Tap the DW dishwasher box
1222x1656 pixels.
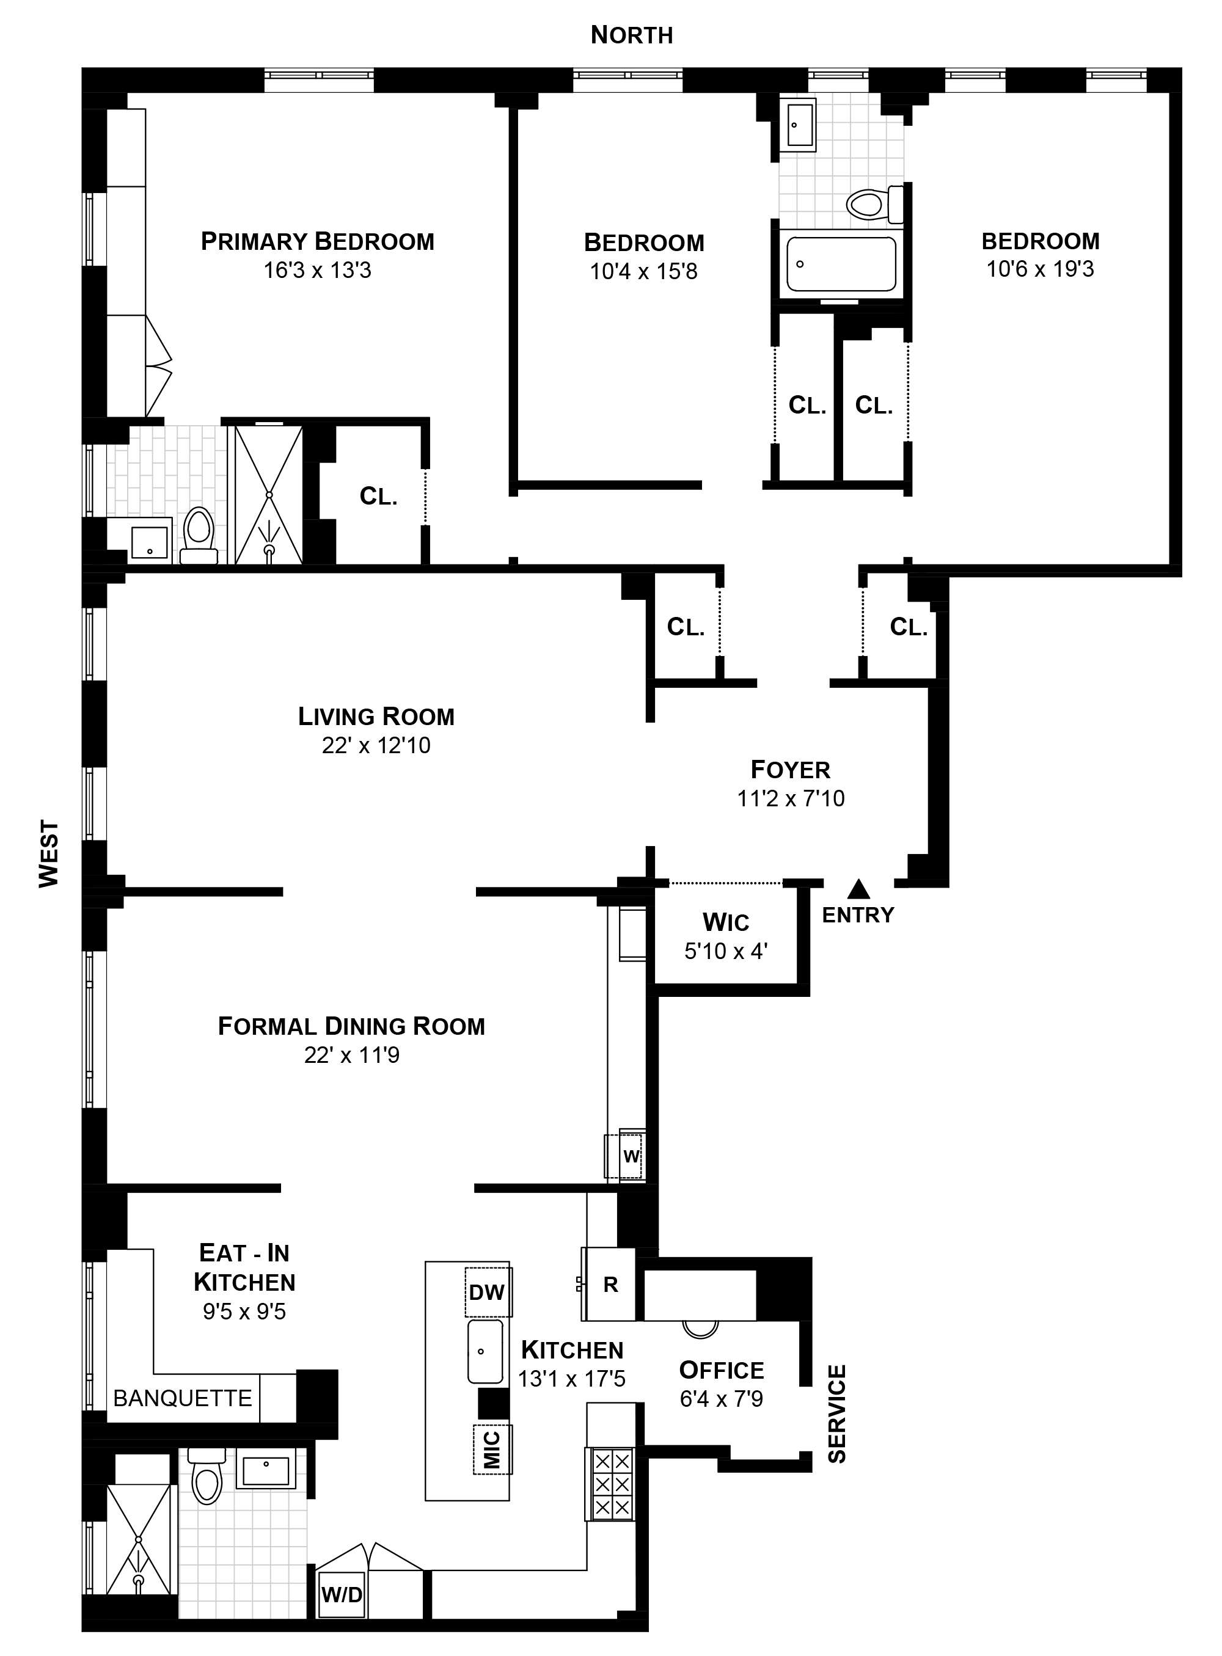[x=488, y=1291]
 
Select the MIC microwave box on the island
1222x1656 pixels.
[x=492, y=1449]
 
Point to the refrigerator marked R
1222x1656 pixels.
[x=610, y=1284]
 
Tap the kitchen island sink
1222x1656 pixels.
[x=485, y=1351]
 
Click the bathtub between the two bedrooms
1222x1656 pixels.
[x=841, y=264]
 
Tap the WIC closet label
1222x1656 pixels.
[x=726, y=922]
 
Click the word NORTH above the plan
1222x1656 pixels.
[x=631, y=35]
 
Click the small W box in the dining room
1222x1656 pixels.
[x=630, y=1156]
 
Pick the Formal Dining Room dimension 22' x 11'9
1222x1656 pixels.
[x=351, y=1055]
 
